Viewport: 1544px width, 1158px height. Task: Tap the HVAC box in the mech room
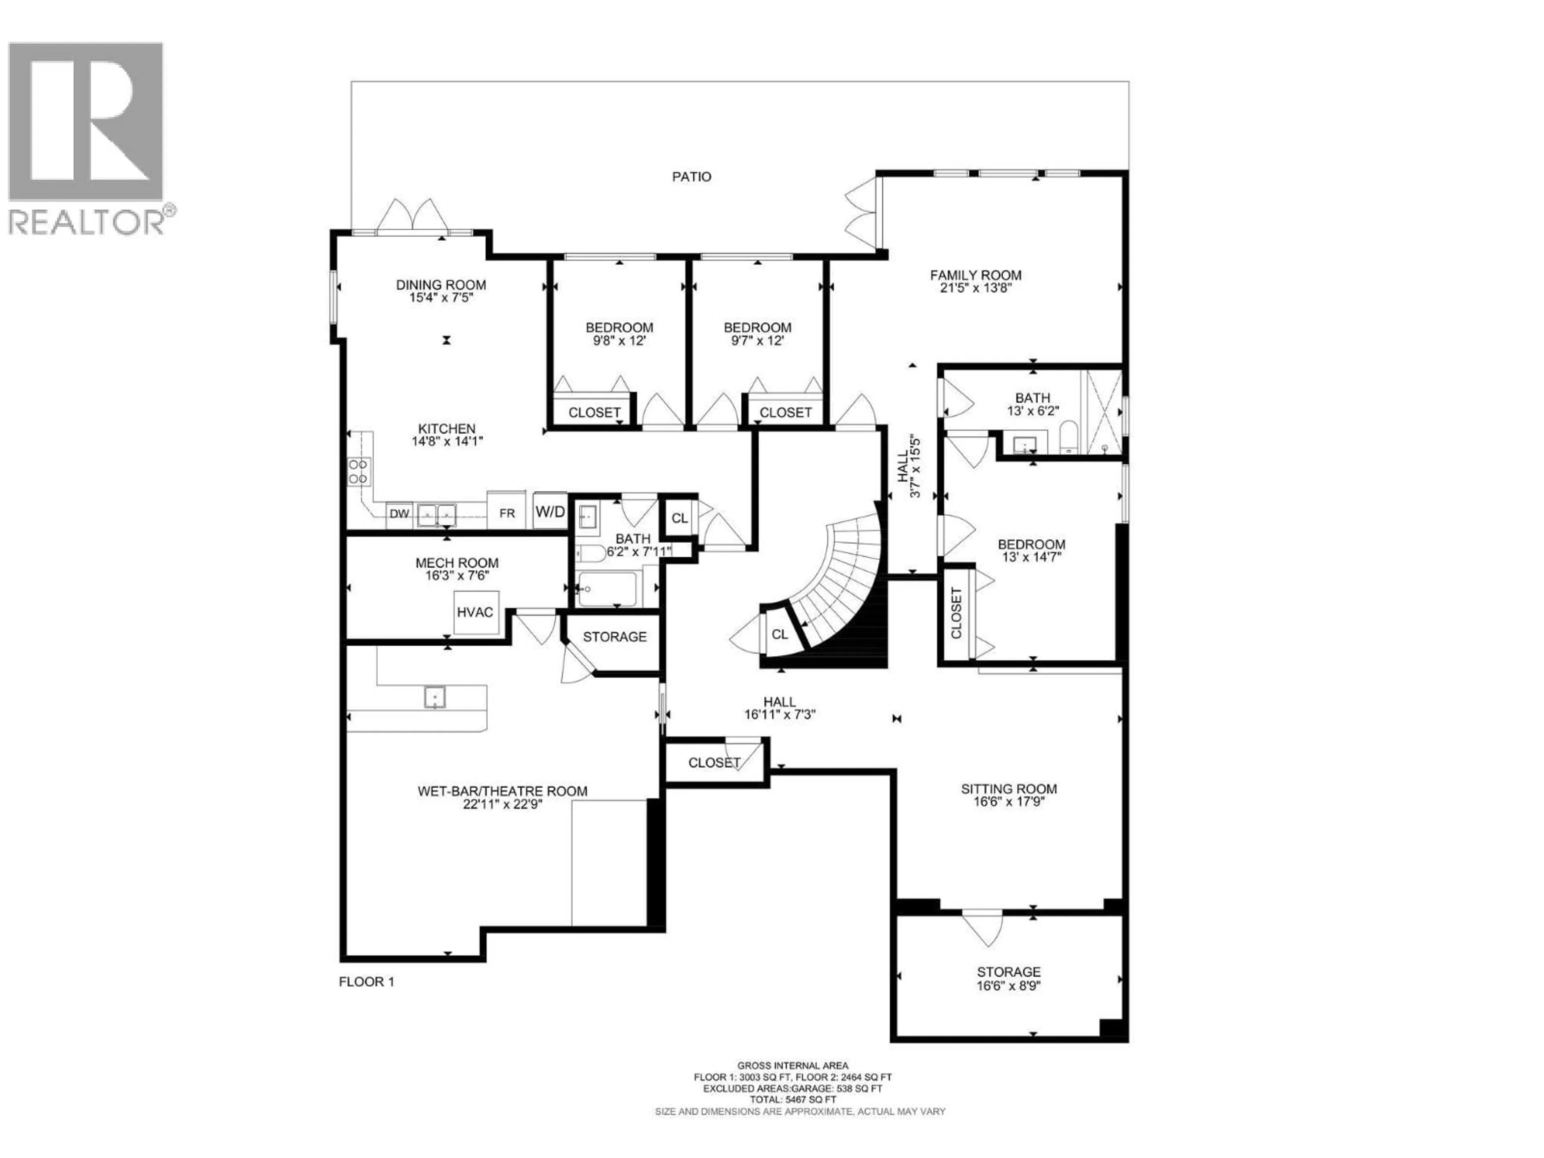click(474, 612)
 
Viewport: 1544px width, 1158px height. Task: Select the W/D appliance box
click(550, 511)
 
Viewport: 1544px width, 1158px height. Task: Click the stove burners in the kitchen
click(359, 471)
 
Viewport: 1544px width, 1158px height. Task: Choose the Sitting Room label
click(1008, 789)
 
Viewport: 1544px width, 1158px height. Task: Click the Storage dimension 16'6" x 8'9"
click(1008, 986)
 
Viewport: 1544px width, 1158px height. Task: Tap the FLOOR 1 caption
click(366, 981)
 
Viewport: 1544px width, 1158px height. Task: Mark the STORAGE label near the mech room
click(614, 636)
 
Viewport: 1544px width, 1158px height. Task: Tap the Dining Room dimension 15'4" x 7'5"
click(441, 298)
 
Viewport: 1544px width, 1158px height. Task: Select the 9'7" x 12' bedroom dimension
click(758, 341)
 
